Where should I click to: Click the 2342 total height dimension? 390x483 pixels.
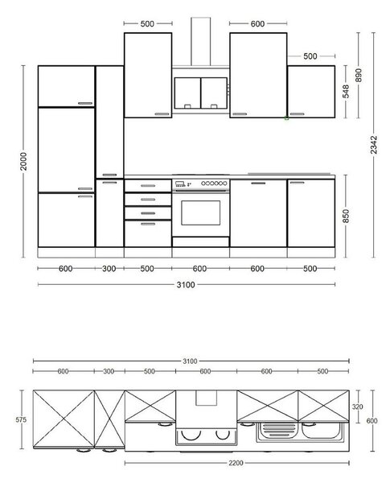(x=374, y=145)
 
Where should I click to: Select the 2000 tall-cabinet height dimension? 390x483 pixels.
(x=23, y=161)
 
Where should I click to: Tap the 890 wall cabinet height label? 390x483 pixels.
(x=359, y=75)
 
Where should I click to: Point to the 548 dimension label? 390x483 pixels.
(x=346, y=91)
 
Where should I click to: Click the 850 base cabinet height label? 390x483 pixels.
(x=346, y=217)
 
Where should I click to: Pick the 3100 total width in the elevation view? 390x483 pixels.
(x=186, y=285)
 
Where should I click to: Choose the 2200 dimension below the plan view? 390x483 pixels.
(x=236, y=463)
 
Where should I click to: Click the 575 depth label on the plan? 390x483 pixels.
(x=21, y=419)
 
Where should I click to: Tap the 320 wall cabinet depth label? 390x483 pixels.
(x=357, y=407)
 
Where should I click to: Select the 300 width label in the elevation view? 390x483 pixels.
(x=109, y=269)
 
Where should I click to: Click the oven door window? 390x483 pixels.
(x=201, y=213)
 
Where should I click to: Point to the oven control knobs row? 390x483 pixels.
(x=214, y=184)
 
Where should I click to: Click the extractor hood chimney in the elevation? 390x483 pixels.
(x=201, y=42)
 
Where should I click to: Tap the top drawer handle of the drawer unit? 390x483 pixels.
(x=148, y=186)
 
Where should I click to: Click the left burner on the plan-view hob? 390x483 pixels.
(x=191, y=435)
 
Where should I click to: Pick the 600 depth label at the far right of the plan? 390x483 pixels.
(x=372, y=420)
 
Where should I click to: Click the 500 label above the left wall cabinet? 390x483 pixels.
(x=147, y=23)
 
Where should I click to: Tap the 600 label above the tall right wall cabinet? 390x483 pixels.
(x=257, y=23)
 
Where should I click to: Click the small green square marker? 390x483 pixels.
(x=286, y=118)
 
